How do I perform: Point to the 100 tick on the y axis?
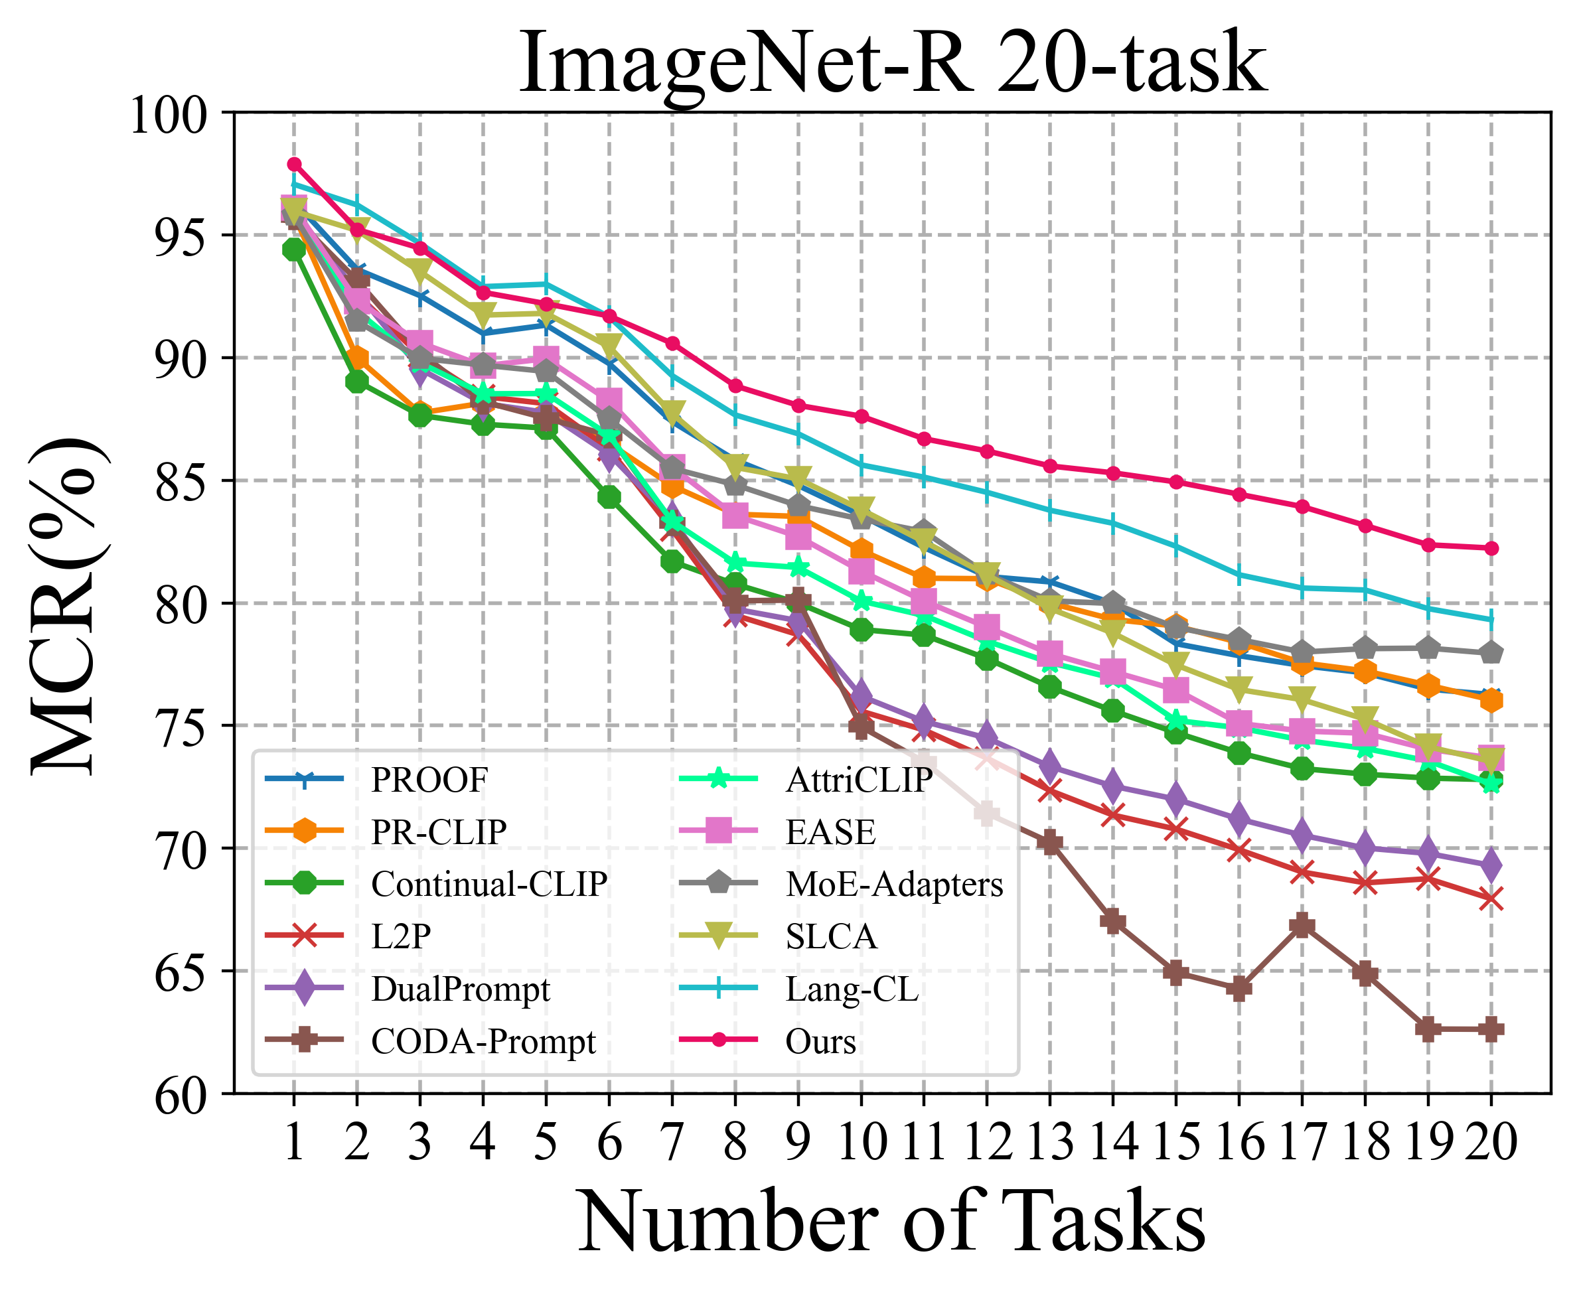pos(168,115)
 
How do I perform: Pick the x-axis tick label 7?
pos(672,1142)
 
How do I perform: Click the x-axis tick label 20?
pos(1491,1142)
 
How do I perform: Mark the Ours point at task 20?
pos(1491,549)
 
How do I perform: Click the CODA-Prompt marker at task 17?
pos(1302,926)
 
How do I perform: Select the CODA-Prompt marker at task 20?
pos(1491,1029)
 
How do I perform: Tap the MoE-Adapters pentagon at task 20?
pos(1491,652)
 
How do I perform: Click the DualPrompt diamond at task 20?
pos(1491,866)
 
